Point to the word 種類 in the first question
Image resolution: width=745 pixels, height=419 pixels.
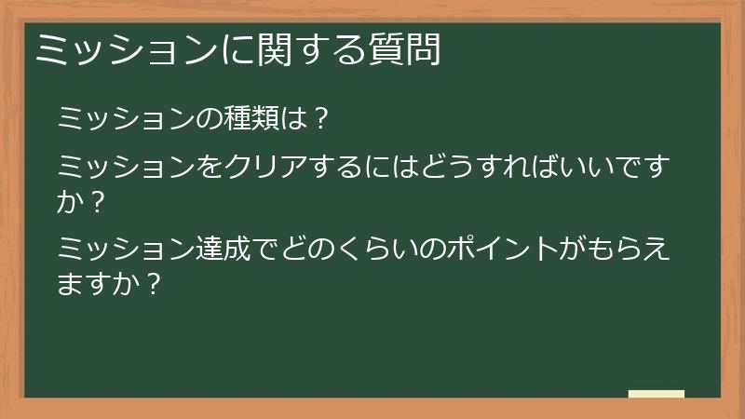click(x=245, y=119)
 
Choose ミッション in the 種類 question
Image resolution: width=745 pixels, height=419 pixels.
click(x=123, y=119)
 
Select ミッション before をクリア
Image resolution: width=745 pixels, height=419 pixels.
click(x=123, y=168)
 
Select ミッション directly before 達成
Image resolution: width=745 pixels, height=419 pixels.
click(x=123, y=250)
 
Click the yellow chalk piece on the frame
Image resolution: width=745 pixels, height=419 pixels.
click(x=656, y=394)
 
